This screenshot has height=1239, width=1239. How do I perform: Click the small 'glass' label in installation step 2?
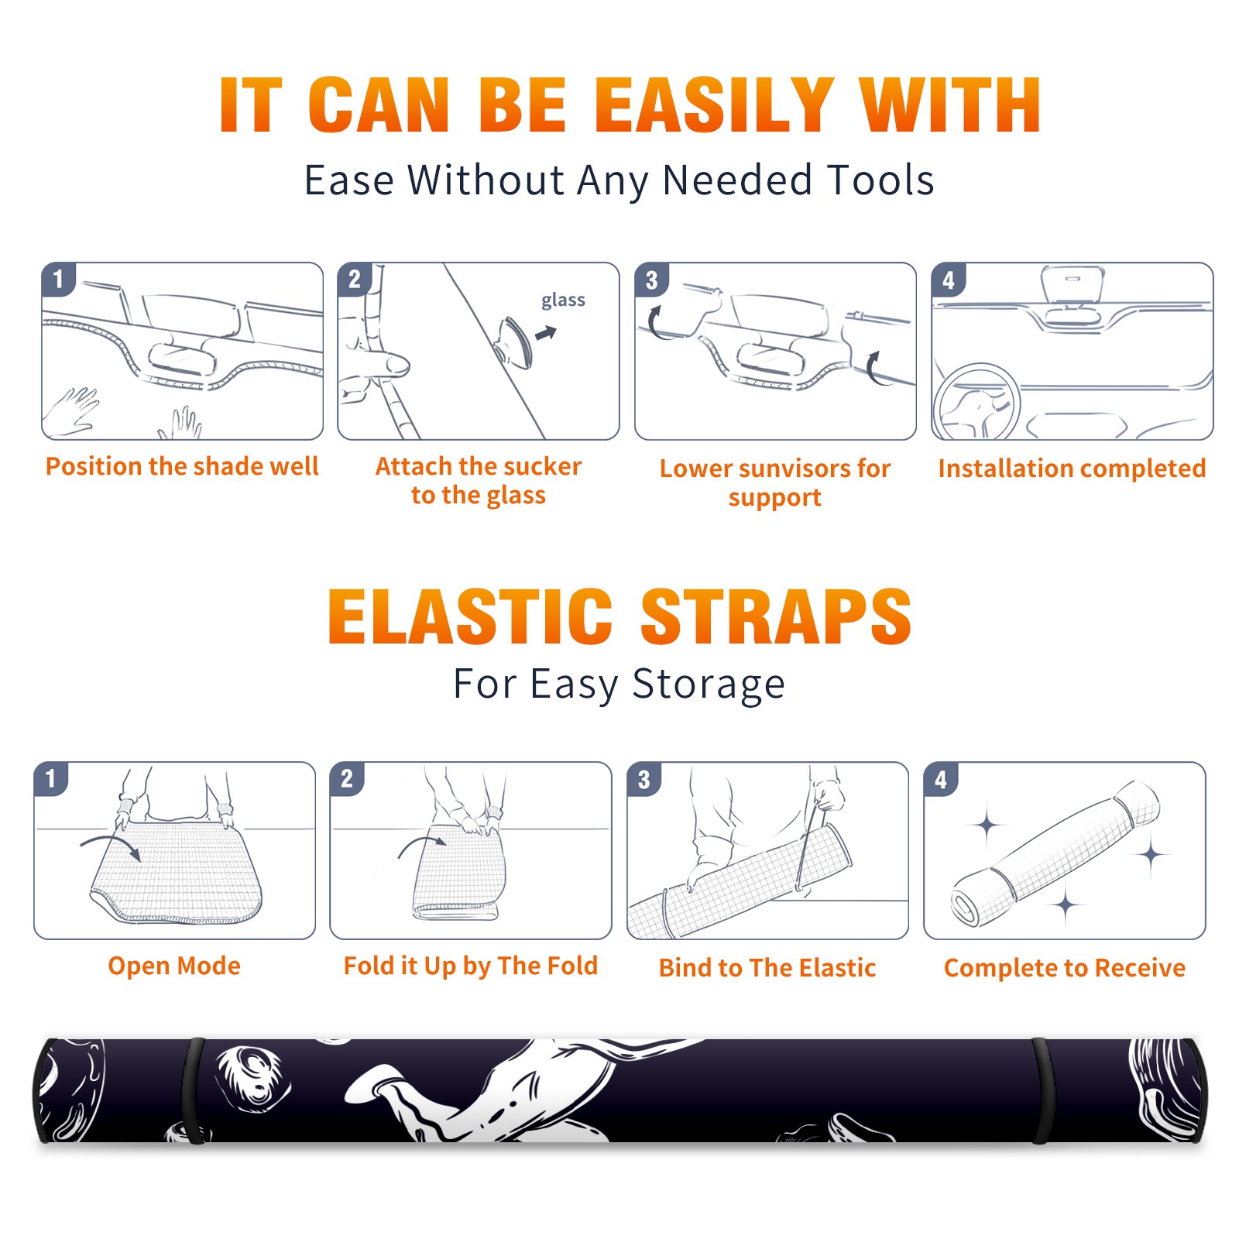pos(563,300)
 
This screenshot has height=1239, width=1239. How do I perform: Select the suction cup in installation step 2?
pos(515,341)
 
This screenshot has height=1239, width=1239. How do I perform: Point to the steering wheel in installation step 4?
pos(976,402)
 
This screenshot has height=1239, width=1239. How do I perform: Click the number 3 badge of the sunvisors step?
pos(650,280)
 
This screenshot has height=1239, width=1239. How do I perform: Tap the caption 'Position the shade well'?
pos(182,466)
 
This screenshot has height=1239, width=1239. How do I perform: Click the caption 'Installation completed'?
pos(1072,468)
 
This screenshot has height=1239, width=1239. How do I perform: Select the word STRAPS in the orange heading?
pos(776,616)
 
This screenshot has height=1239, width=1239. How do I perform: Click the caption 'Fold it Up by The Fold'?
pos(471,966)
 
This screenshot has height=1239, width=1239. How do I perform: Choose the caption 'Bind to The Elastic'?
pos(767,968)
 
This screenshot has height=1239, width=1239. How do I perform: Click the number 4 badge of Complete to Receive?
pos(940,779)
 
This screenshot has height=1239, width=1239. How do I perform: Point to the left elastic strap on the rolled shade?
pos(194,1090)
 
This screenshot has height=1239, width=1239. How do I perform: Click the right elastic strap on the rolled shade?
pos(1044,1090)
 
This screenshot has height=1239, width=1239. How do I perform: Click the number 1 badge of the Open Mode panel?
pos(51,779)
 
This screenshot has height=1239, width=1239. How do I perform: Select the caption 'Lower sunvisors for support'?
pos(775,482)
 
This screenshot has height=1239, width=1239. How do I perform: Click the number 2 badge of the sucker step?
pos(354,280)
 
